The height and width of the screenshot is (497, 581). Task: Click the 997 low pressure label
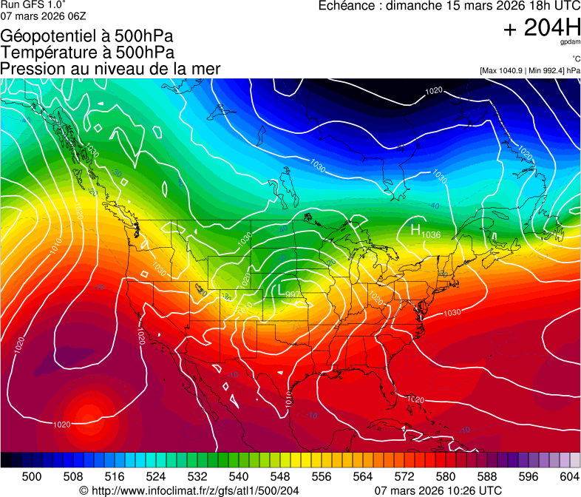click(293, 294)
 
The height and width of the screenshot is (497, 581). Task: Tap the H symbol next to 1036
click(415, 230)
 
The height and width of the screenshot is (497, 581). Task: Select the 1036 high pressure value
click(431, 234)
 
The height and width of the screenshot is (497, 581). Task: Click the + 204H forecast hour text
click(541, 28)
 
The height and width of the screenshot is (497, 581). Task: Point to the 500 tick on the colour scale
click(32, 476)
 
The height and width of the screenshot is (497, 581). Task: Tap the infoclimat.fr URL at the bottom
click(194, 490)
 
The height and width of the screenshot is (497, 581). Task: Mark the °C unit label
click(575, 59)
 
